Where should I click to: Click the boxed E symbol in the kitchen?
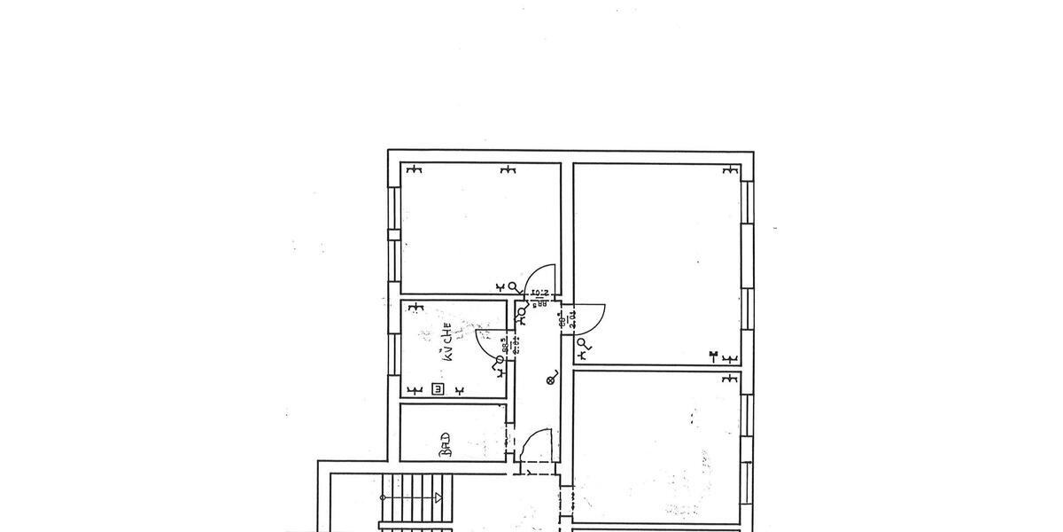click(437, 388)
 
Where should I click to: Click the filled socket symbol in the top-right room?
click(713, 357)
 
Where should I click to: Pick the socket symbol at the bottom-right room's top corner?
click(729, 379)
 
